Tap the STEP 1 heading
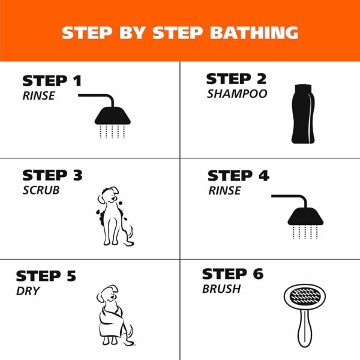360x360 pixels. coord(52,81)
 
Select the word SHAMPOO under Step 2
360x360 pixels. coord(237,94)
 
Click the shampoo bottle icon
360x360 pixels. coord(302,114)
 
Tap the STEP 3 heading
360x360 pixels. coord(52,175)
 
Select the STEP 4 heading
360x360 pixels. coord(238,176)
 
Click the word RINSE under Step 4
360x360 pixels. coord(224,191)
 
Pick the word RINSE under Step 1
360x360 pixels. coord(38,95)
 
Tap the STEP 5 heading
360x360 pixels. coord(46,276)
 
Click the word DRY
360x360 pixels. coord(28,291)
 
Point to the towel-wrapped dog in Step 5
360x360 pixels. coord(114,316)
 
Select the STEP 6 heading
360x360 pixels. coord(233,274)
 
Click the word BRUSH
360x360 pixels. coord(222,289)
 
